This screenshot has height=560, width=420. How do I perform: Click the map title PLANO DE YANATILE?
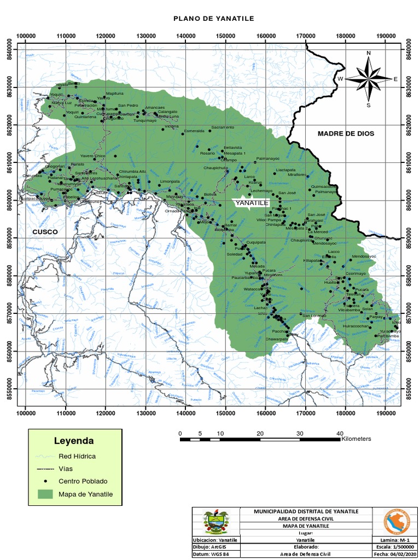pyautogui.click(x=214, y=19)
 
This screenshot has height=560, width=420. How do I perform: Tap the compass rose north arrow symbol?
pyautogui.click(x=369, y=78)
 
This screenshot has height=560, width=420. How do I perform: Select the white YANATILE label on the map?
pyautogui.click(x=252, y=203)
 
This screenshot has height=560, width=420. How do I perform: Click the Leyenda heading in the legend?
pyautogui.click(x=73, y=441)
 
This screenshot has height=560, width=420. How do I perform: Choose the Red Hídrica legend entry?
pyautogui.click(x=76, y=456)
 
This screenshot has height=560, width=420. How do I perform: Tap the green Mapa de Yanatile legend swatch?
pyautogui.click(x=46, y=494)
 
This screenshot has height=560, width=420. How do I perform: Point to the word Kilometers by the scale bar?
pyautogui.click(x=356, y=439)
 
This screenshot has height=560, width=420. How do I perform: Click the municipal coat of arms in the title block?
pyautogui.click(x=217, y=522)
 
